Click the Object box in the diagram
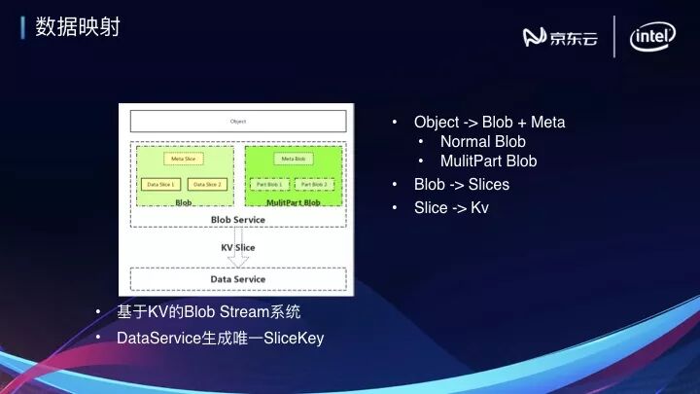[x=238, y=121]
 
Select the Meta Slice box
[x=184, y=159]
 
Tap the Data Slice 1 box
[x=160, y=184]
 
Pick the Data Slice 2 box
[x=207, y=184]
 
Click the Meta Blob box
[x=293, y=159]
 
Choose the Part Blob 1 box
[x=269, y=184]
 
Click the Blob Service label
[x=237, y=219]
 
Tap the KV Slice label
[x=237, y=247]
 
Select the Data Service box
[x=238, y=279]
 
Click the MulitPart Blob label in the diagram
[x=294, y=202]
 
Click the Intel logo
[x=652, y=37]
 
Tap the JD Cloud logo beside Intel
[x=560, y=37]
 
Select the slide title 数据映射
[x=78, y=26]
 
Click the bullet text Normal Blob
[x=483, y=142]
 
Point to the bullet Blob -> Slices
[x=462, y=184]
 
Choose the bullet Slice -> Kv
[x=451, y=207]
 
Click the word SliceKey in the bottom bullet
[x=294, y=339]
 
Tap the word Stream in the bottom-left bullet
[x=244, y=312]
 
